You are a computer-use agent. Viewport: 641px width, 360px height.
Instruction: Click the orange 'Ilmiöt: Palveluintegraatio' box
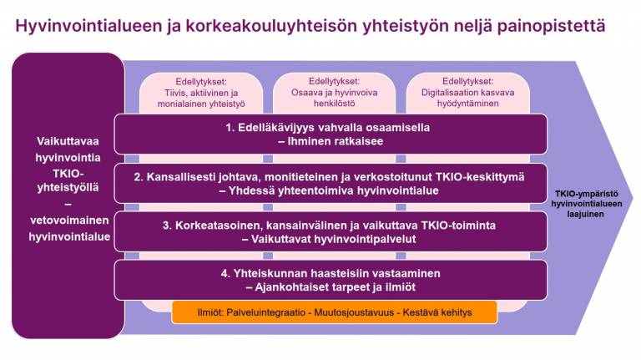(x=334, y=312)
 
